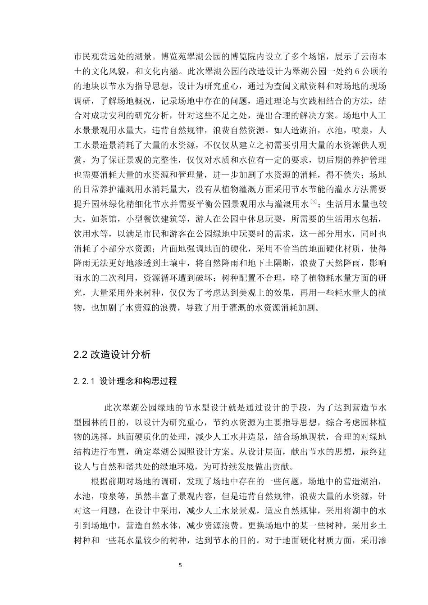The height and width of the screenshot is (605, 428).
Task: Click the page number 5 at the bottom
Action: (180, 564)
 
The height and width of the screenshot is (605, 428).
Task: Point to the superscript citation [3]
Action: (314, 200)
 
